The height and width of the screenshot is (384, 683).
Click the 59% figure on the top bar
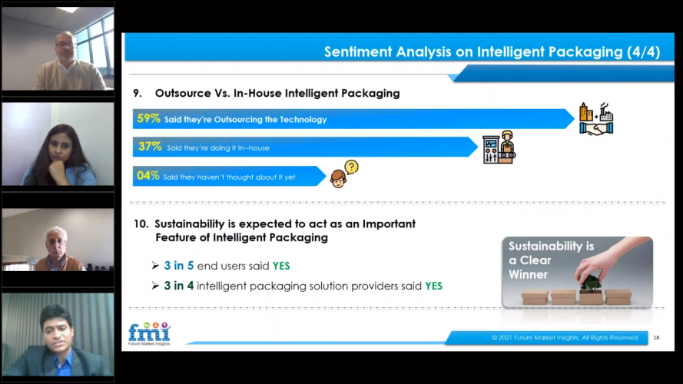(148, 119)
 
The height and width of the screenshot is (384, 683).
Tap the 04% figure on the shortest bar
(148, 176)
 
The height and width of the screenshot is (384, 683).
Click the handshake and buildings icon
(596, 119)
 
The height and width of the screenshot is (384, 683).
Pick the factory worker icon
(499, 146)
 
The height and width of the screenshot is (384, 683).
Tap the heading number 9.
(138, 93)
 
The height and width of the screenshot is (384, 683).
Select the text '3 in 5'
(179, 266)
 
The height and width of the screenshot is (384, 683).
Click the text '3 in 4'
(179, 286)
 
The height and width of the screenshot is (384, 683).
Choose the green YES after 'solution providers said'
(433, 286)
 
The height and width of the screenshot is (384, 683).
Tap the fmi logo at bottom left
(148, 333)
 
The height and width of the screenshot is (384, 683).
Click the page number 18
(655, 337)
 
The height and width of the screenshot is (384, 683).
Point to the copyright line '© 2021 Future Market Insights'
(564, 337)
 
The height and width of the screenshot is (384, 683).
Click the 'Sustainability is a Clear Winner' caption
(540, 260)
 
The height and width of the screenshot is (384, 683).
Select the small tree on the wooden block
(591, 283)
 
